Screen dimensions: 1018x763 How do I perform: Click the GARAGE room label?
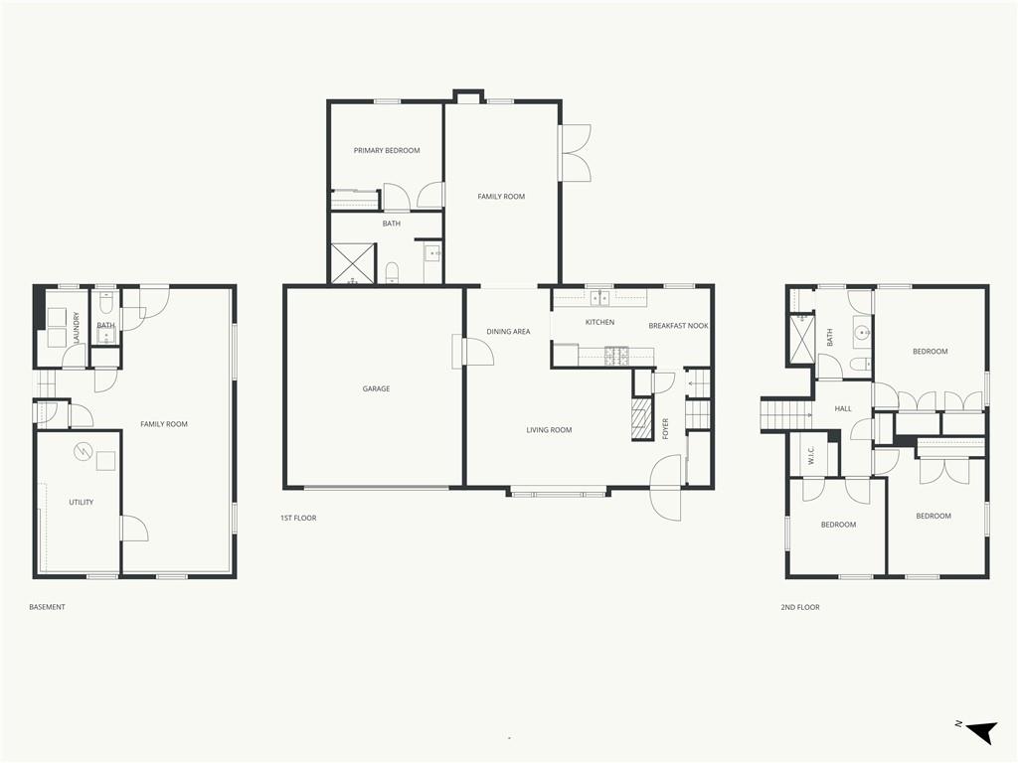pyautogui.click(x=376, y=388)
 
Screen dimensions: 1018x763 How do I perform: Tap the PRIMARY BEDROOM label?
pyautogui.click(x=387, y=151)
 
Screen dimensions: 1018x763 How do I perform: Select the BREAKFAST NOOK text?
pyautogui.click(x=678, y=326)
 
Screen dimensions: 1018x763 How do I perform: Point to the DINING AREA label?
pyautogui.click(x=508, y=332)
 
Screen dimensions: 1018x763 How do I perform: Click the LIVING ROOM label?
pyautogui.click(x=549, y=429)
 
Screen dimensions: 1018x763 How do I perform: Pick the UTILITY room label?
pyautogui.click(x=82, y=502)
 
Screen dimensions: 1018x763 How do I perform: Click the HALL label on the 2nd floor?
pyautogui.click(x=843, y=408)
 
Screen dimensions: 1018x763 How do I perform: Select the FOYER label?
pyautogui.click(x=665, y=429)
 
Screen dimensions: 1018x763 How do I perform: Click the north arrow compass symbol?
pyautogui.click(x=981, y=731)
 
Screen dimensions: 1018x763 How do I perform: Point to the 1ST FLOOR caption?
pyautogui.click(x=298, y=518)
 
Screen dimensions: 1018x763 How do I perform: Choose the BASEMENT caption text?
pyautogui.click(x=47, y=607)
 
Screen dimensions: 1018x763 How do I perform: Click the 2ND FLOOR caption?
pyautogui.click(x=800, y=607)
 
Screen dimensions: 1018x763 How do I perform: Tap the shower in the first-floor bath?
pyautogui.click(x=353, y=263)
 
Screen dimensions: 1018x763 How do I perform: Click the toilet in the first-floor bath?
pyautogui.click(x=392, y=272)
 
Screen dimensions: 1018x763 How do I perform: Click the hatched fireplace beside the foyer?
pyautogui.click(x=643, y=419)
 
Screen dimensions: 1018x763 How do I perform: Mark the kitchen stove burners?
pyautogui.click(x=616, y=355)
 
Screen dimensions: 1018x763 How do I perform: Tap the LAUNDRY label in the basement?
pyautogui.click(x=76, y=328)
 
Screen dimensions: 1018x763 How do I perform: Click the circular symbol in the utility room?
pyautogui.click(x=84, y=452)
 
